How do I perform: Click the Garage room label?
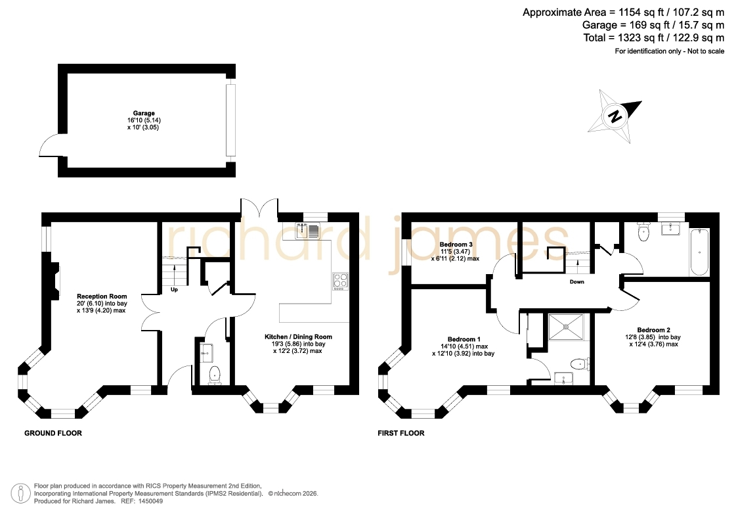(x=144, y=113)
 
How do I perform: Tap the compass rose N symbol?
(x=615, y=116)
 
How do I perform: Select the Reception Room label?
(x=102, y=296)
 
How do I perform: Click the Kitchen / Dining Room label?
(x=298, y=337)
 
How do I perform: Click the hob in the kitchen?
(x=340, y=281)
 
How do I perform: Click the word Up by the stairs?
(x=174, y=289)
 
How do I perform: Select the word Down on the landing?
(x=577, y=282)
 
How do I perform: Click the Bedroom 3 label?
(x=456, y=245)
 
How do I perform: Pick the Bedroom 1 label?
(x=464, y=339)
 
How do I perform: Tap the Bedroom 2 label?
(x=653, y=330)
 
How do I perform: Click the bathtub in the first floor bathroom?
(x=699, y=252)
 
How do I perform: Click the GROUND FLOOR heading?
(x=53, y=433)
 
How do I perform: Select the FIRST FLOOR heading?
(x=401, y=433)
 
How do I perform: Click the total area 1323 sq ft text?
(x=654, y=37)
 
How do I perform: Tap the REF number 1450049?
(x=150, y=501)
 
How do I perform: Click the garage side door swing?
(x=49, y=144)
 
